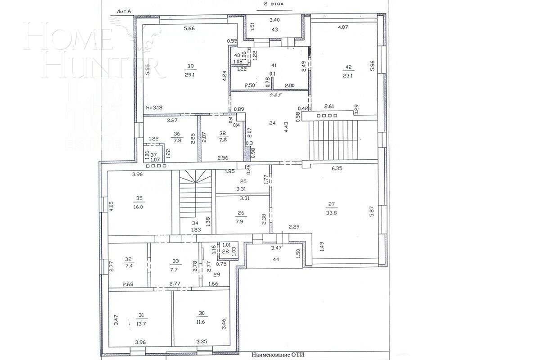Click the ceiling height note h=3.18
pos(155,108)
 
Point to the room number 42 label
pos(348,67)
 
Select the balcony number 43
pos(274,30)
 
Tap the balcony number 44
pos(276,260)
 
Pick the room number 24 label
pos(272,122)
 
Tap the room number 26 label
pos(241,213)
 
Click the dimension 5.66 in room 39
pos(189,29)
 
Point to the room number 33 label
pos(175,260)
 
